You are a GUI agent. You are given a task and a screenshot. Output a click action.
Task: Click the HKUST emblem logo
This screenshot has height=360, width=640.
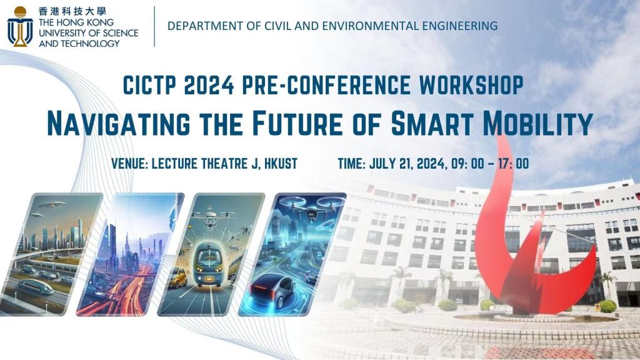(20, 26)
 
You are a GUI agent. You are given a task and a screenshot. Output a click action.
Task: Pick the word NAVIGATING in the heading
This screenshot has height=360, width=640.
(118, 123)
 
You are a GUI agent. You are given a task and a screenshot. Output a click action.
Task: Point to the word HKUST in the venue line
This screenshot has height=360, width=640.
(281, 164)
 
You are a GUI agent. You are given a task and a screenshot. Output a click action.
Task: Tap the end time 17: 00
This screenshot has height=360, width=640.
(514, 164)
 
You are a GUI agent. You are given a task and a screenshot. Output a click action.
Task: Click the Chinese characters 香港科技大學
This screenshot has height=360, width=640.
(72, 11)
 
